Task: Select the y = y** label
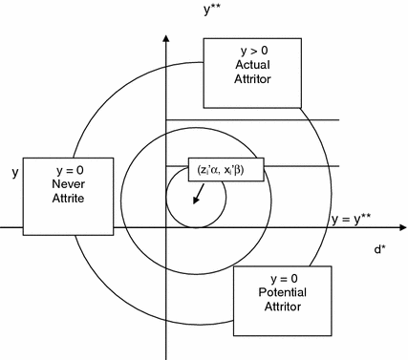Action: (x=351, y=219)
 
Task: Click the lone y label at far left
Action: (x=14, y=172)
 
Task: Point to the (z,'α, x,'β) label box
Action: (x=226, y=169)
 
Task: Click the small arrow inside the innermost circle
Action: (x=199, y=194)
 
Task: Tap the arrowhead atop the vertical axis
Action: (x=166, y=37)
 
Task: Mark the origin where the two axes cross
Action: (x=166, y=228)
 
